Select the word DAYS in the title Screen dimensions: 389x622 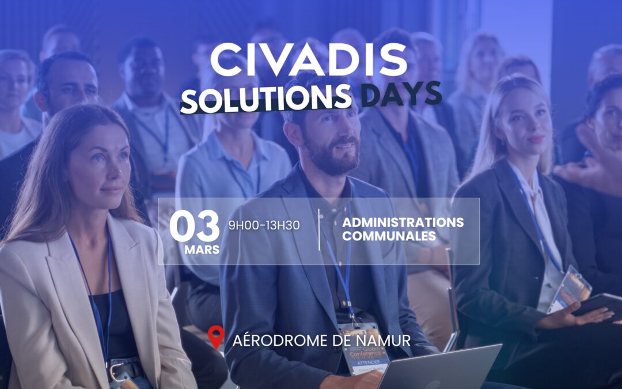pos(401,93)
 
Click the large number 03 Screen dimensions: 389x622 pos(195,226)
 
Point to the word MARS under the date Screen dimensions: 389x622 pos(202,251)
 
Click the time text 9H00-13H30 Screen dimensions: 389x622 pos(264,225)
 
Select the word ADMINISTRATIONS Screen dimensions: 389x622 pos(403,222)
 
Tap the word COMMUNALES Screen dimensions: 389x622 pos(389,236)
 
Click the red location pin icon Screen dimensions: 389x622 pos(216,338)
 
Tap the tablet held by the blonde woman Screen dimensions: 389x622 pos(599,306)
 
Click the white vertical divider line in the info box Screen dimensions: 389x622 pos(319,229)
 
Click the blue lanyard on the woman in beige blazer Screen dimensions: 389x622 pos(92,288)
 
